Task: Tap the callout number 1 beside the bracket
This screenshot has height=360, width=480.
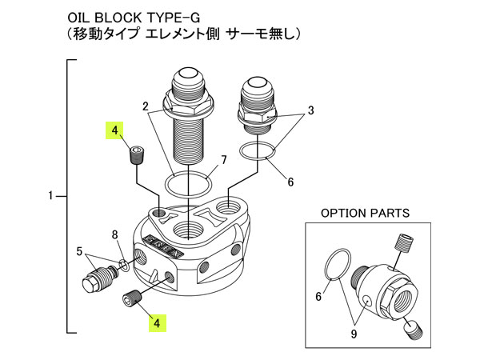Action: tap(51, 195)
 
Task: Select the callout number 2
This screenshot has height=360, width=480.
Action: tap(146, 106)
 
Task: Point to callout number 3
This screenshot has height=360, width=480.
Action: tap(311, 110)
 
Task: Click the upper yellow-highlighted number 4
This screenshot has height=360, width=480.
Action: tap(116, 130)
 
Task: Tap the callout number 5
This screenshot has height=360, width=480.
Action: tap(79, 251)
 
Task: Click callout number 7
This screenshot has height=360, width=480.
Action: tap(223, 160)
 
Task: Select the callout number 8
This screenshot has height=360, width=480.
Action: tap(115, 234)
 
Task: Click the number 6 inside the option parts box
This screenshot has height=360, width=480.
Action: tap(318, 296)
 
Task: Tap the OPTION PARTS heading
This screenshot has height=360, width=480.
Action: tap(365, 214)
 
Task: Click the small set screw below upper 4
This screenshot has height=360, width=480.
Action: tap(136, 154)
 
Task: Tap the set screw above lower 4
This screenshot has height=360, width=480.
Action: tap(131, 299)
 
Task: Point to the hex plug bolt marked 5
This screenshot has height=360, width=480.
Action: tap(96, 282)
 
